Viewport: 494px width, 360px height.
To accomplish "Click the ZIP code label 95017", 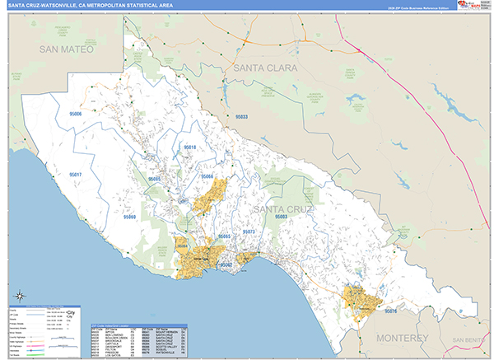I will point(76,175).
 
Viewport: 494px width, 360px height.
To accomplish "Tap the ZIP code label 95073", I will point(249,232).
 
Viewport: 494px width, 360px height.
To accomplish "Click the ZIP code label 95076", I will point(390,311).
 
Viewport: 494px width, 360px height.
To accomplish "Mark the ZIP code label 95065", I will point(223,236).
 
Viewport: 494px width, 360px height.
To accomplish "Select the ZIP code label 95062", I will point(224,265).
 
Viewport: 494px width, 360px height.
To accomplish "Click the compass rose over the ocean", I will point(17,295).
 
